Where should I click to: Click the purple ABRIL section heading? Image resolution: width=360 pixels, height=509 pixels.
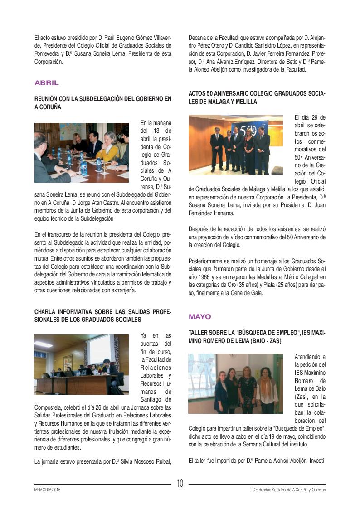tap(47, 83)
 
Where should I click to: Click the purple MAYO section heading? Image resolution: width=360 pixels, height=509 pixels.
tap(200, 316)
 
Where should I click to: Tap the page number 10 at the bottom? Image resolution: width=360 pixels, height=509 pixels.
tap(180, 484)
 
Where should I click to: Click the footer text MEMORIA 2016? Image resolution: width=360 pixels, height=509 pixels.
tap(48, 490)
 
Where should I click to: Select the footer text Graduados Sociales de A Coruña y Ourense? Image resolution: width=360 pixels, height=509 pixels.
tap(289, 490)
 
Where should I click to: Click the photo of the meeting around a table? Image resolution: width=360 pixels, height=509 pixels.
tap(82, 152)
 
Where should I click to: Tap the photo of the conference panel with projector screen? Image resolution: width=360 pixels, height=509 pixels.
tap(82, 364)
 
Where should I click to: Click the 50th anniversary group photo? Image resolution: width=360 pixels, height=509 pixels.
tap(235, 145)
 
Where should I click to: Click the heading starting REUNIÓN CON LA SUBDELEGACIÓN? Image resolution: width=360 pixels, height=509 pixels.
tap(103, 102)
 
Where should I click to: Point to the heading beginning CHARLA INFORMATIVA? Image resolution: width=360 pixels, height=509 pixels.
tap(103, 315)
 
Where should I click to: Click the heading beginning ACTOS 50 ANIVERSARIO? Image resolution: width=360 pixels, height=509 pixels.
tap(257, 97)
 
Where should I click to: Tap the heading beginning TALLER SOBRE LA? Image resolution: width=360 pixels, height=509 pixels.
tap(257, 337)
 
